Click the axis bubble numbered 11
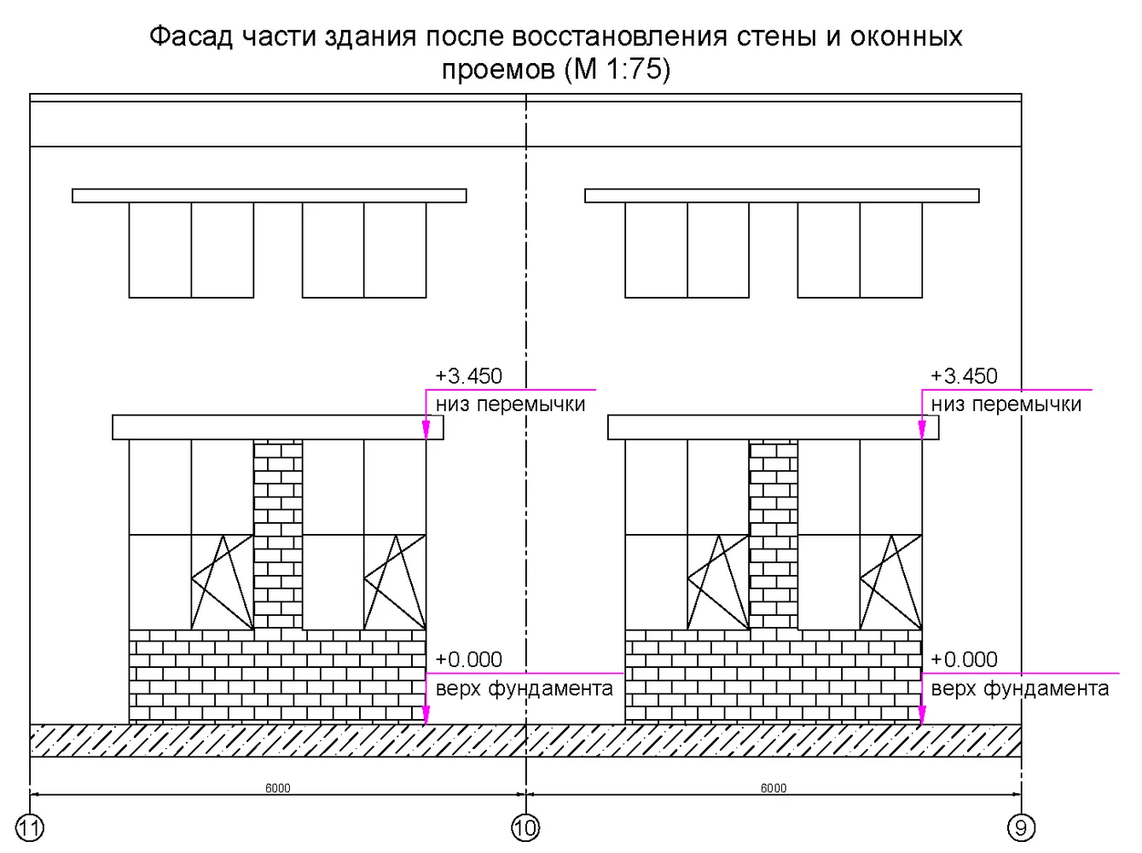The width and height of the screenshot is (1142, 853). (30, 827)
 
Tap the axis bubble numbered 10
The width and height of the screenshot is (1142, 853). (525, 827)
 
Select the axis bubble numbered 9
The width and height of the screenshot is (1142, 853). (1021, 827)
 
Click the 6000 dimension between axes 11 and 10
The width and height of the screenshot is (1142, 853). (278, 788)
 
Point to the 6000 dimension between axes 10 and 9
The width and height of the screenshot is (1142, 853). (774, 788)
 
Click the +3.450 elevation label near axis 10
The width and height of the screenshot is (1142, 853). (469, 376)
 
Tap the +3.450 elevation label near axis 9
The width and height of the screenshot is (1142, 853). (964, 376)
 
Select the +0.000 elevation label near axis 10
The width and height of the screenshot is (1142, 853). (469, 659)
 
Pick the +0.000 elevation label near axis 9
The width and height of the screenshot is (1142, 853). (964, 659)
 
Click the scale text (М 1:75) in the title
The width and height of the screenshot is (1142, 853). (617, 69)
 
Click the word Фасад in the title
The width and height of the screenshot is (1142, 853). (191, 38)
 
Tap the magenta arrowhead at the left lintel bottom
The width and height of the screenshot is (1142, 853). (426, 430)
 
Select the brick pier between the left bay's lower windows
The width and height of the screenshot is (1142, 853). (278, 535)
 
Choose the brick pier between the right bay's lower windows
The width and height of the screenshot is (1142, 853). (774, 535)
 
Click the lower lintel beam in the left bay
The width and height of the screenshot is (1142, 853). (278, 427)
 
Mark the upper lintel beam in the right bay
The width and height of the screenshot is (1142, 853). (782, 195)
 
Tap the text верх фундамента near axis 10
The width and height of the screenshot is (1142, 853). (525, 688)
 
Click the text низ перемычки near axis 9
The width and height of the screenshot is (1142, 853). (1006, 404)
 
